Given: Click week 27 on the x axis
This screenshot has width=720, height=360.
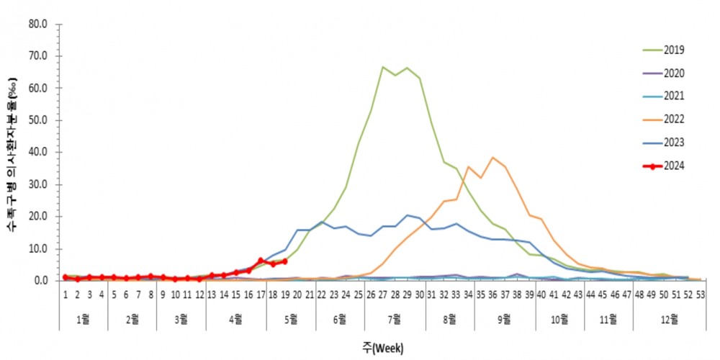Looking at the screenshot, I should [x=382, y=294].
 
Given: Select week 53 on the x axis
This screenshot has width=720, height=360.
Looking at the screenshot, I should [x=701, y=294].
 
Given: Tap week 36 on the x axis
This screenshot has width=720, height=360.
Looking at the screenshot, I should [x=492, y=294].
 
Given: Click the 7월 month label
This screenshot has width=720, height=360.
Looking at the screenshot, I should [x=395, y=318].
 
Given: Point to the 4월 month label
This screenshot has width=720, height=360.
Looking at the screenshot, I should [x=235, y=318].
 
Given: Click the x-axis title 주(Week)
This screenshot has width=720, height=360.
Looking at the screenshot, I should [x=382, y=347].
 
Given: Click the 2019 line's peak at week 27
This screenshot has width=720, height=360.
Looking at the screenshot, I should [x=382, y=67].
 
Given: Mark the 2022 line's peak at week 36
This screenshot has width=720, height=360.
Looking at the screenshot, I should [x=492, y=158].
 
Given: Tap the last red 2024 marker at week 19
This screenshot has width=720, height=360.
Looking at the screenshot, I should [x=285, y=261].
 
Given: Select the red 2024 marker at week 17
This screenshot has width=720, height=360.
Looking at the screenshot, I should [x=261, y=260].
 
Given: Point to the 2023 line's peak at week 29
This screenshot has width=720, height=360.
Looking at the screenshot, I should [x=407, y=215].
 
